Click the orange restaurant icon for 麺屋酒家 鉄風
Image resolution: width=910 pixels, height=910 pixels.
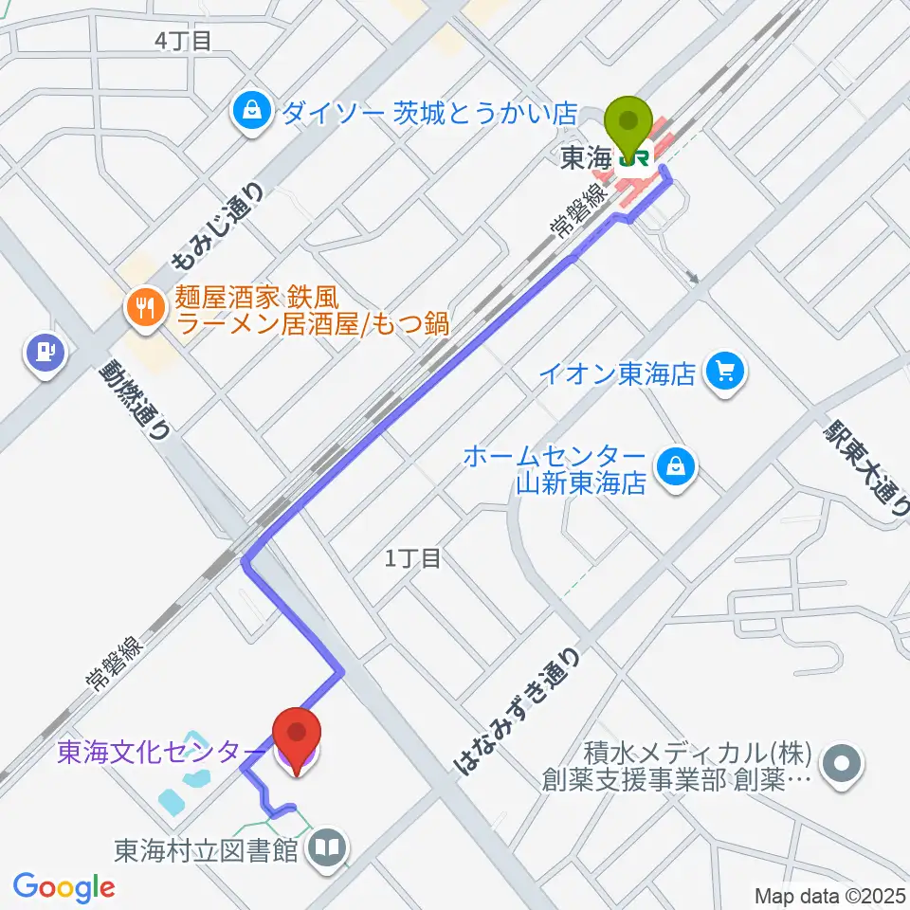tap(144, 305)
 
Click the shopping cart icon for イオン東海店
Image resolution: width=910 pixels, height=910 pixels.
tap(727, 371)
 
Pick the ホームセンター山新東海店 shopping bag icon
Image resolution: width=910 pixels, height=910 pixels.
tap(676, 465)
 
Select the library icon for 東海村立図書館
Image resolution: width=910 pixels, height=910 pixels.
tap(328, 846)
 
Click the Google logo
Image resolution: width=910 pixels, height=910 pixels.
tap(64, 887)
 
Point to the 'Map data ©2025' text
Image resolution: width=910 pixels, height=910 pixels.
tap(828, 894)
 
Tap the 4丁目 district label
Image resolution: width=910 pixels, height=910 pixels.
tap(183, 40)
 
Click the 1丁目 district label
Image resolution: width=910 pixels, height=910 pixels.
tap(413, 558)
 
